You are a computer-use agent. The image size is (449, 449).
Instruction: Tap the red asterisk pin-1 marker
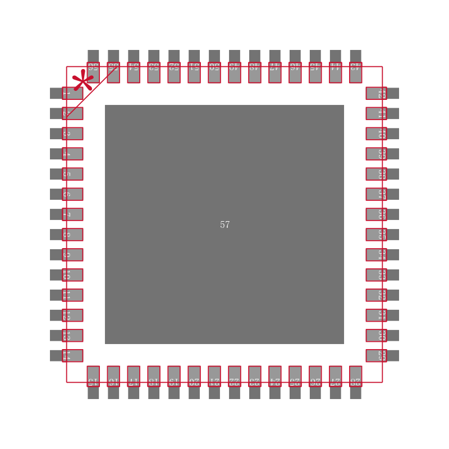coord(83,80)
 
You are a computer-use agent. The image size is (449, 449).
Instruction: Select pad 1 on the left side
coord(72,93)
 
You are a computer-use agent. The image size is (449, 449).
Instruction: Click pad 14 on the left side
coord(72,356)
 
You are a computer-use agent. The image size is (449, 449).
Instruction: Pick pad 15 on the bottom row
coord(93,377)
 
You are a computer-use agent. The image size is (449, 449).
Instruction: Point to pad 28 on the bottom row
coord(355,377)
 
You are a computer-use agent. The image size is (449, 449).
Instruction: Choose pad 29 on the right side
coord(377,356)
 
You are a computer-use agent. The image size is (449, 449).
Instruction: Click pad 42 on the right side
coord(377,93)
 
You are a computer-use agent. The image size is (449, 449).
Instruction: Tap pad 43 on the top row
coord(355,72)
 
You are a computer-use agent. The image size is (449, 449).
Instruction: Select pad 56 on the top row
coord(93,72)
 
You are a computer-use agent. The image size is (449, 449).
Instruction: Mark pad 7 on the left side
coord(72,214)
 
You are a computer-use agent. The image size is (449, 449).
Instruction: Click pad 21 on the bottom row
coord(214,377)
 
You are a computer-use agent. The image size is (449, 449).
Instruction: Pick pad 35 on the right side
coord(377,235)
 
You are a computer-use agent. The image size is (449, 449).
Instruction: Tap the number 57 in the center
coord(224,224)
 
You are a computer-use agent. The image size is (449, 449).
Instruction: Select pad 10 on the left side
coord(72,275)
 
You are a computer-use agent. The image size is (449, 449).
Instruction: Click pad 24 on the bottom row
coord(275,377)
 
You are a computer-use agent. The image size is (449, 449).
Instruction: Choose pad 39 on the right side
coord(377,154)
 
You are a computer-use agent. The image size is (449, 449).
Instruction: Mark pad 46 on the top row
coord(295,72)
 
